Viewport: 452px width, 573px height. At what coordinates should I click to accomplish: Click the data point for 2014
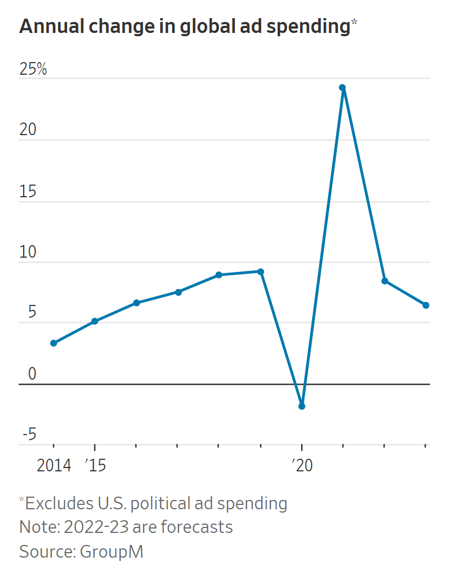coord(54,343)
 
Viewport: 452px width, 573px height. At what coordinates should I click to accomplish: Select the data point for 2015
coord(95,321)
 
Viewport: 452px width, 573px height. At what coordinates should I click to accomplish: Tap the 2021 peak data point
coord(342,87)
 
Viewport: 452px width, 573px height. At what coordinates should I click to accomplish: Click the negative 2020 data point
coord(301,406)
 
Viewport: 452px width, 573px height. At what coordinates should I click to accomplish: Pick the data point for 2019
coord(261,271)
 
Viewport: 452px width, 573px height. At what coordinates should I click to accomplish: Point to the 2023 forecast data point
coord(426,305)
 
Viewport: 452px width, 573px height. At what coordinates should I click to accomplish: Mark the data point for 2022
coord(385,281)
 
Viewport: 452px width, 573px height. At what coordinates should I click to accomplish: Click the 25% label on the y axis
coord(33,70)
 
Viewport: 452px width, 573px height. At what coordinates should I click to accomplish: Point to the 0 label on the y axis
coord(32,374)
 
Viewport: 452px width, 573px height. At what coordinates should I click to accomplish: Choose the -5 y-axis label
coord(29,435)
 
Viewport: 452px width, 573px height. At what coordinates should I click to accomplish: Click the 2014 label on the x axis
coord(54,466)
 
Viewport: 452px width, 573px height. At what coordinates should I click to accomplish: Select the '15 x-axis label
coord(95,466)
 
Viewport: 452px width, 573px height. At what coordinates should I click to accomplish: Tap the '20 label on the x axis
coord(301,466)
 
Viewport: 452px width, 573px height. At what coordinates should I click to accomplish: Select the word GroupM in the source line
coord(111,551)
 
